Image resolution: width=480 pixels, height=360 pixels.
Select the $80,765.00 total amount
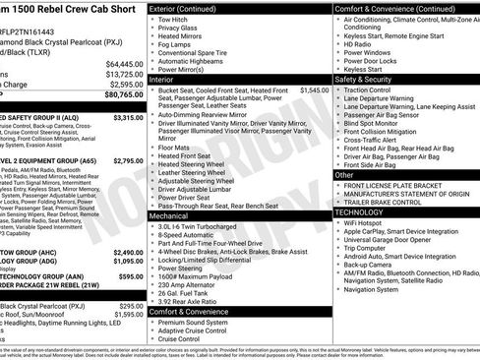click(123, 94)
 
